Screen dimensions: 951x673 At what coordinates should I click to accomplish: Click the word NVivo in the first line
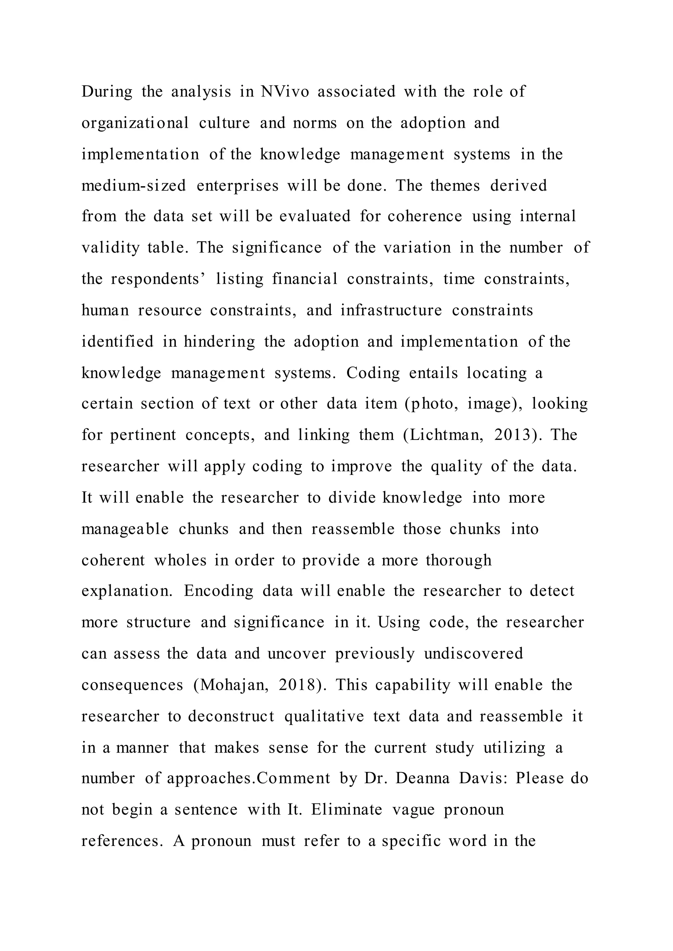[x=285, y=92]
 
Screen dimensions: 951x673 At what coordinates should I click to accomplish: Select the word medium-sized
[x=133, y=186]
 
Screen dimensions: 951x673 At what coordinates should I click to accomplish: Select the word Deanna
[x=422, y=779]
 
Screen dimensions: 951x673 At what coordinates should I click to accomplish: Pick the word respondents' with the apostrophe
[x=158, y=279]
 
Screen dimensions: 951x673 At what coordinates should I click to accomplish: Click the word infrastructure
[x=391, y=310]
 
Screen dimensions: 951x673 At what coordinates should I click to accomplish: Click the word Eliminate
[x=346, y=810]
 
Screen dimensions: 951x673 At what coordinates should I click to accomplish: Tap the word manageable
[x=125, y=529]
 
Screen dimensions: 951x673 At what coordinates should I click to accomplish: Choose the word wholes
[x=180, y=561]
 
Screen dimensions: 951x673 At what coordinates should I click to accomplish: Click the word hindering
[x=219, y=342]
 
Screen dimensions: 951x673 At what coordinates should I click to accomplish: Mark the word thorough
[x=458, y=561]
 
